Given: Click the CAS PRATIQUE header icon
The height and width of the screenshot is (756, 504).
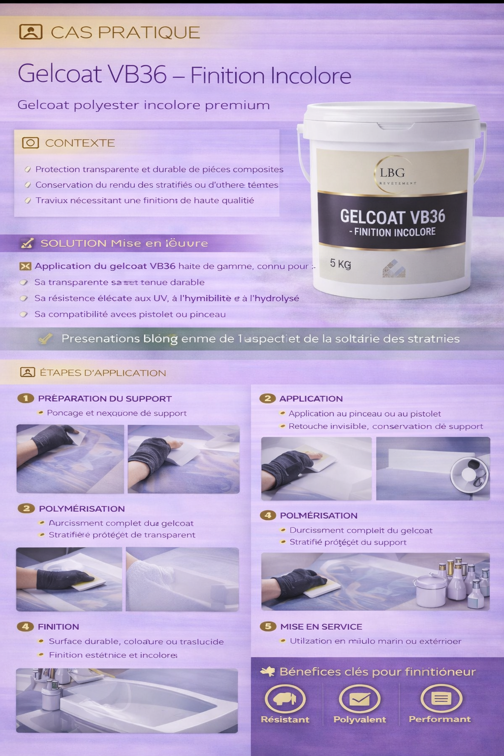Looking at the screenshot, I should coord(31,32).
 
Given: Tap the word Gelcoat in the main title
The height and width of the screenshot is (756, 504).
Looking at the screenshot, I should coord(60,74).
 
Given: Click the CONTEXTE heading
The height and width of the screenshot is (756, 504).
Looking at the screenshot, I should coord(80,143).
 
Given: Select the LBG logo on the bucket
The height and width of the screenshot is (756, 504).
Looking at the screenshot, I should coord(392,173).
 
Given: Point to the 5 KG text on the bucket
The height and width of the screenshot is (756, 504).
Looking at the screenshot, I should coord(340,264).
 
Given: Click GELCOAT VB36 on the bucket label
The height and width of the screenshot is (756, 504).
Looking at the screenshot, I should coord(392,217).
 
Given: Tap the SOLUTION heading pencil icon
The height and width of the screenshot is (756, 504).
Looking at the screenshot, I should coord(27,243).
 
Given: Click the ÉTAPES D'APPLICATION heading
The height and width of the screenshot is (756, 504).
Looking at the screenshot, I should coord(102,373).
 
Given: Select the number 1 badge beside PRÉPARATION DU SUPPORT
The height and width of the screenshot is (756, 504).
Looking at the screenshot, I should coord(26,398).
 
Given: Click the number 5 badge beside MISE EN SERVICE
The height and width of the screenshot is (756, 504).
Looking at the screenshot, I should coord(268,626).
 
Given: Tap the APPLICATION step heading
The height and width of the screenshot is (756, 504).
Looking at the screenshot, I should coord(311,399).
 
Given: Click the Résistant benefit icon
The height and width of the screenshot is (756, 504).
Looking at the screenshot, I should coord(285,698).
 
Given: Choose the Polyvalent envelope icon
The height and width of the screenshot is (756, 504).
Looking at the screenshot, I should coord(359,699).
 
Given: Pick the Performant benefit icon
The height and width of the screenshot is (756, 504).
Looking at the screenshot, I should coord(441,698).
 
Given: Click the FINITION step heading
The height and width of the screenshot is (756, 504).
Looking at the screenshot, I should coord(58,627).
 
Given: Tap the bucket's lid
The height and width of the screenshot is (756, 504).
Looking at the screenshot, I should coord(391,116).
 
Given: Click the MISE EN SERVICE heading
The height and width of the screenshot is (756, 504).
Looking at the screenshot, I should coord(321,627).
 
